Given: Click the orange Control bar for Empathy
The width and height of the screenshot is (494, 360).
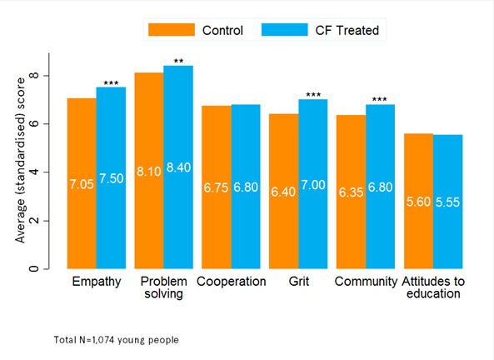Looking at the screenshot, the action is (x=82, y=183).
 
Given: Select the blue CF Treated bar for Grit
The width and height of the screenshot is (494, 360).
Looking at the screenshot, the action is (x=313, y=184).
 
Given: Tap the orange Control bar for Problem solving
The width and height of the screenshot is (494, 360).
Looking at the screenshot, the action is (x=149, y=171).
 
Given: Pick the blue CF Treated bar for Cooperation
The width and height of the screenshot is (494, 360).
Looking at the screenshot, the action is (x=246, y=187).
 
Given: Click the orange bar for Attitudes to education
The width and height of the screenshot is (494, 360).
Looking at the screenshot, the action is (x=419, y=201).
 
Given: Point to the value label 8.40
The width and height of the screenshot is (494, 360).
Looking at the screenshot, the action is (x=178, y=167).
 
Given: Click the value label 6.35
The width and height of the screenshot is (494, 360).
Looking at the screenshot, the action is (x=351, y=192).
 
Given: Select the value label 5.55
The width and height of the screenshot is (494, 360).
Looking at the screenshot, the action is (x=447, y=202).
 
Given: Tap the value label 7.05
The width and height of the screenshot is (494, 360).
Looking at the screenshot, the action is (x=82, y=184).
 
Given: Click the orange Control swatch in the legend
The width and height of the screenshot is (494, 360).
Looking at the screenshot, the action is (x=172, y=30).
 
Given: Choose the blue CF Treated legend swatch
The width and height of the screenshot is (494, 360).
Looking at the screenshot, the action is (x=285, y=30).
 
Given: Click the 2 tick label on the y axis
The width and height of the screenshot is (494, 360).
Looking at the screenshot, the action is (x=33, y=221).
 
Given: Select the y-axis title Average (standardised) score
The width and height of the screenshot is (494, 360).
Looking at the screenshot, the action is (x=20, y=161).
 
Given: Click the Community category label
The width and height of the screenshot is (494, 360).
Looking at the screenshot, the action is (x=366, y=281).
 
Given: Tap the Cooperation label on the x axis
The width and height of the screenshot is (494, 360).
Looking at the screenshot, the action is (x=232, y=281).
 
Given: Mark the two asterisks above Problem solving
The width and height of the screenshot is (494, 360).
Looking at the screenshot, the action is (x=178, y=61).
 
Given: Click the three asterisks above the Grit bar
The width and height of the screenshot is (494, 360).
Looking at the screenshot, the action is (x=313, y=94).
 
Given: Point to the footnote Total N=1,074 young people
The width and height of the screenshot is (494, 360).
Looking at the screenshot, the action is (x=116, y=340).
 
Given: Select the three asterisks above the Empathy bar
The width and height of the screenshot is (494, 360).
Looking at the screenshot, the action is (x=112, y=83).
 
